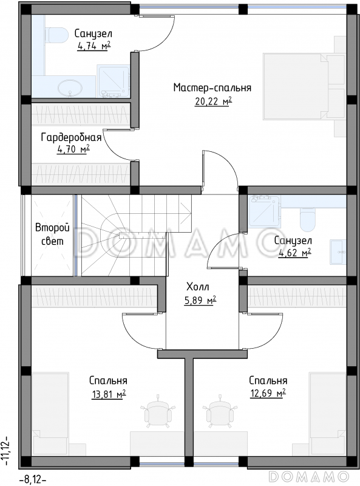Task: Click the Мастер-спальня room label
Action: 212,87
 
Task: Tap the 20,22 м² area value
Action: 213,101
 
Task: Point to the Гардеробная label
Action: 71,137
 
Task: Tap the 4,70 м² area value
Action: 73,149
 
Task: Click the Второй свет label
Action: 52,234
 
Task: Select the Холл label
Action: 198,287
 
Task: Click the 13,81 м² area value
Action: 109,394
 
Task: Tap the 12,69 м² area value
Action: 268,393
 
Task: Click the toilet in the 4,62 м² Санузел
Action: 308,220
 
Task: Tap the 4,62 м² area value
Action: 294,253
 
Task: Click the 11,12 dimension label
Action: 6,452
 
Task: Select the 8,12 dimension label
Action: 33,480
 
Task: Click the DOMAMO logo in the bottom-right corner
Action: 309,476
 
